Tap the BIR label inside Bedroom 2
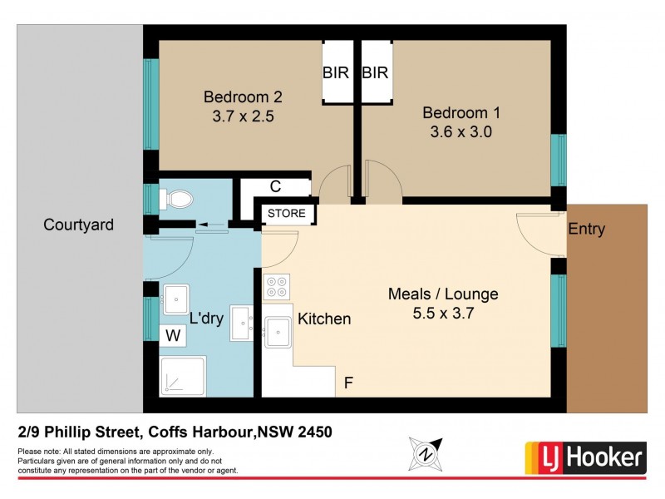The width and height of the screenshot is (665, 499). coord(336,73)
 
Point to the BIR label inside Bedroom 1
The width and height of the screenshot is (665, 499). coord(376,73)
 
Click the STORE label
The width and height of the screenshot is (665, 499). coord(287,214)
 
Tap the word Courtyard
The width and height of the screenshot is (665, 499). coord(78,225)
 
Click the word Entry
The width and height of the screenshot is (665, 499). coord(586,230)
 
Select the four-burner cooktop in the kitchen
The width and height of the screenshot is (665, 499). coord(276,287)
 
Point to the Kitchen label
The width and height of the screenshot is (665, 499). coord(324,319)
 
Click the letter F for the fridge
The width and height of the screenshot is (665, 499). coord(349,384)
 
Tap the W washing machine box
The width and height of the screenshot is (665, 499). coord(173,335)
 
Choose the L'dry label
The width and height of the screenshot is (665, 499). coord(208,319)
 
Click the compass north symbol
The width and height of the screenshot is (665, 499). coord(426,454)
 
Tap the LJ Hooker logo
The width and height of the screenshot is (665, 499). coord(585,457)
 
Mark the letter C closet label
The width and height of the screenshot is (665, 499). coord(274,187)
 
